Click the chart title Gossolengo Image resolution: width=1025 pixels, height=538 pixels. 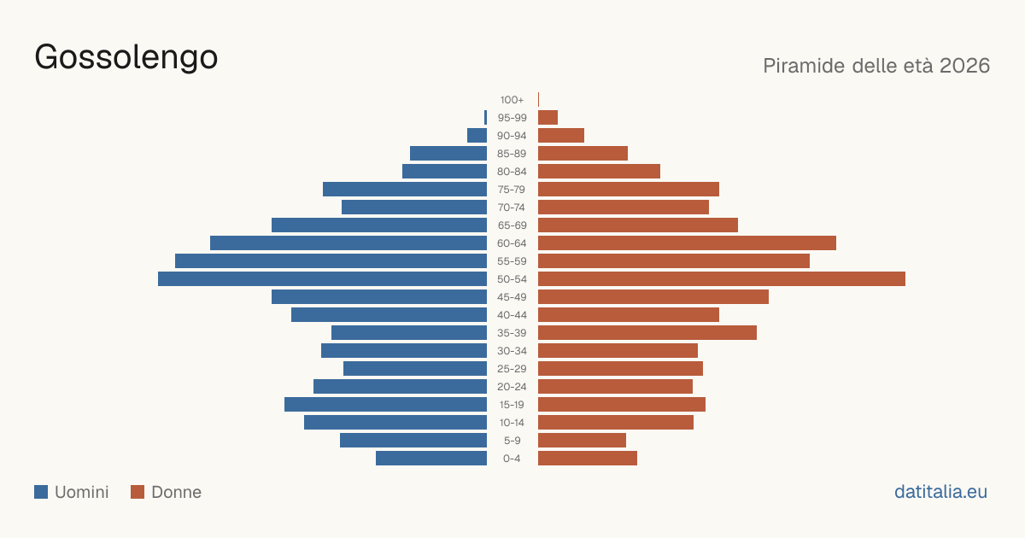coord(126,57)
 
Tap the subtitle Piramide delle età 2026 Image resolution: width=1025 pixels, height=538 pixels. coord(876,66)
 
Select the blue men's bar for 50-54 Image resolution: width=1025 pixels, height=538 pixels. coord(322,279)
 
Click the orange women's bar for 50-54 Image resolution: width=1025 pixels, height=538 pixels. coord(722,279)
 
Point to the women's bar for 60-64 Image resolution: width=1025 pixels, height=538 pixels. coord(687,243)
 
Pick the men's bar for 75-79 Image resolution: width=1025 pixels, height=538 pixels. coord(405,190)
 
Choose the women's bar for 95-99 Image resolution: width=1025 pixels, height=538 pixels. coord(548,118)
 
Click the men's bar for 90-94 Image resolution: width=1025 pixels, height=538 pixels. coord(477,136)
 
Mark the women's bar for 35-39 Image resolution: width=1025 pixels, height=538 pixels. coord(647,332)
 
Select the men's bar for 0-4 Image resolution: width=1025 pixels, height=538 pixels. coord(431,459)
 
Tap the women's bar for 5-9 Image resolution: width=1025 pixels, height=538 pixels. coord(582,441)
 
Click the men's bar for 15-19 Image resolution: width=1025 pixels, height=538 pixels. coord(385,405)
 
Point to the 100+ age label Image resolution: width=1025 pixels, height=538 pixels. coord(512,100)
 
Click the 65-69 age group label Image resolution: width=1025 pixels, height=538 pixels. coord(512,225)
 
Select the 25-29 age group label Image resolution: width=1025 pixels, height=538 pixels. coord(512,369)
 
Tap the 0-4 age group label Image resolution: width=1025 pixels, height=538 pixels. coord(512,459)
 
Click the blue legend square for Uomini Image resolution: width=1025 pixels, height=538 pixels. coord(41,492)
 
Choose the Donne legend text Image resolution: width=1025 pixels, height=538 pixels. coord(177,492)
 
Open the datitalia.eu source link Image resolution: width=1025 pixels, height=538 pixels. coord(940,492)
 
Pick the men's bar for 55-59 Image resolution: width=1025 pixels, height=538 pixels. coord(331,260)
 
